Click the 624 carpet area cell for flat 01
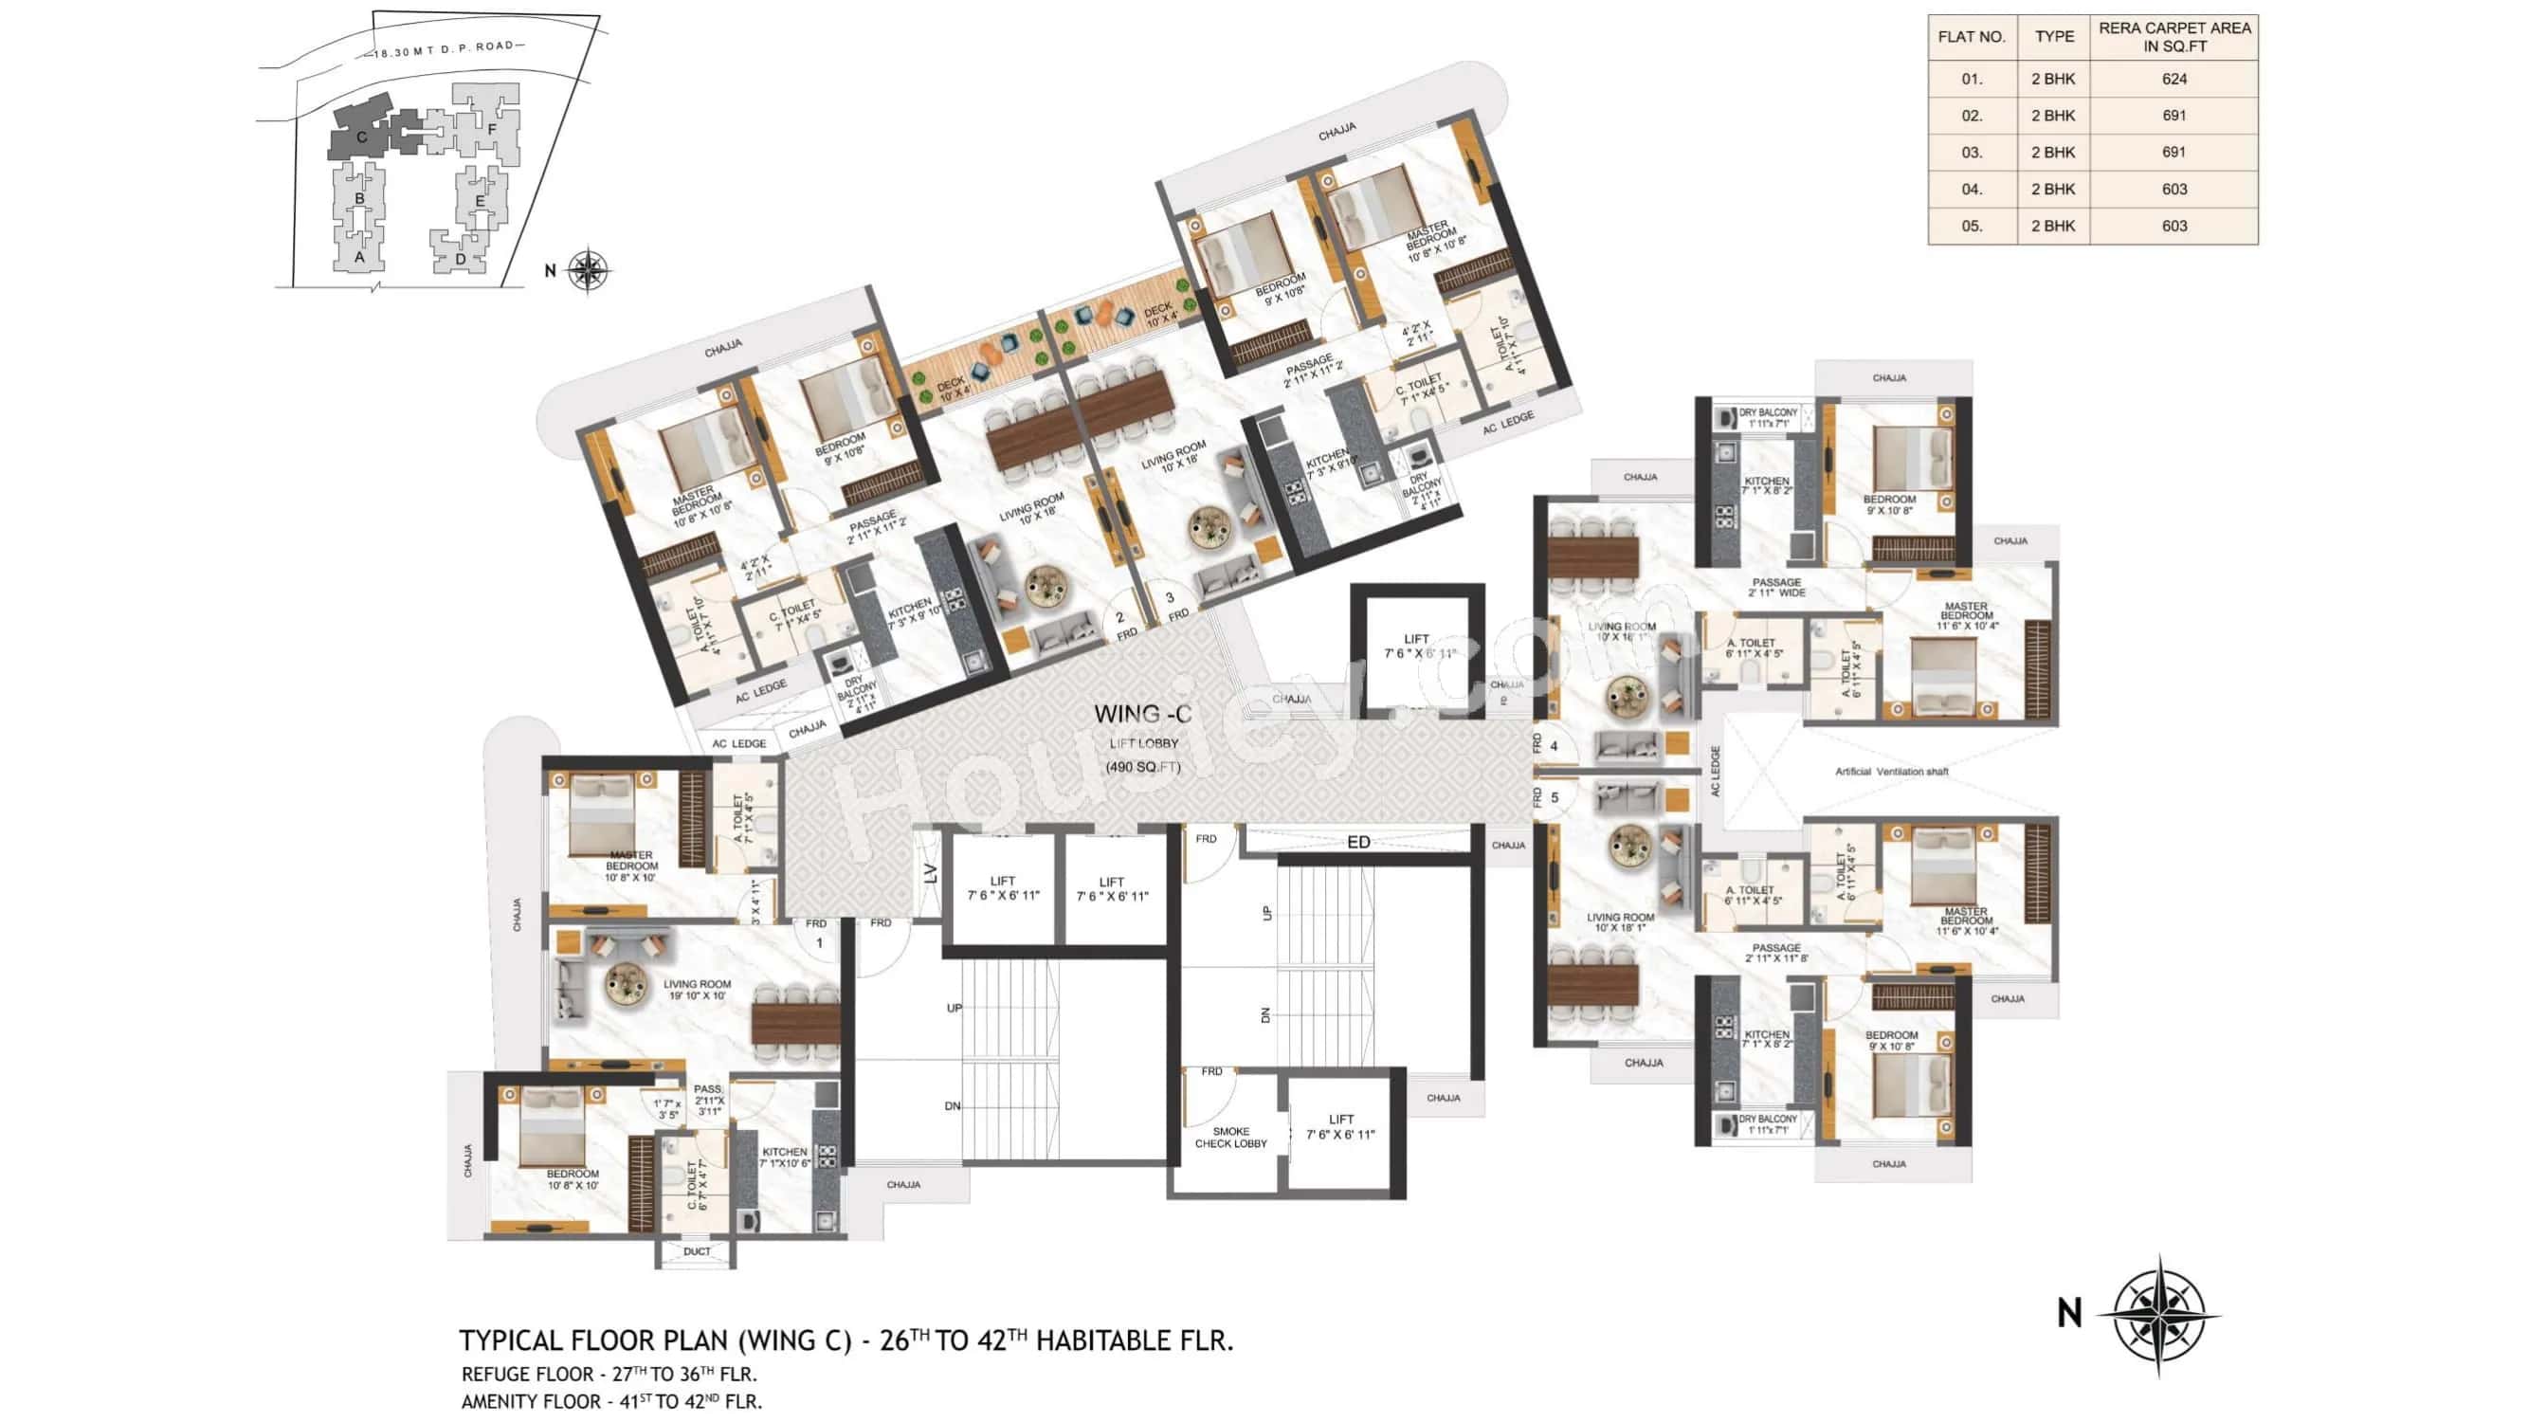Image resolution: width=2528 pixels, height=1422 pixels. tap(2173, 80)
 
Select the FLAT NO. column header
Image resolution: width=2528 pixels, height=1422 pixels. tap(1971, 37)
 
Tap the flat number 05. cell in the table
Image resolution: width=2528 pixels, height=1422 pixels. tap(1971, 226)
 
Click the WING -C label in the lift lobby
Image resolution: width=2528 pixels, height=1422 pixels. tap(1142, 715)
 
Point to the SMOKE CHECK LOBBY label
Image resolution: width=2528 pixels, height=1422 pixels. tap(1230, 1138)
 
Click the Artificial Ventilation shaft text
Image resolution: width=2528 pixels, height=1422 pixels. tap(1891, 773)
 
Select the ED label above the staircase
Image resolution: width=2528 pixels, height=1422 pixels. tap(1358, 842)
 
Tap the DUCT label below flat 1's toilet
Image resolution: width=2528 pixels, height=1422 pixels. tap(697, 1251)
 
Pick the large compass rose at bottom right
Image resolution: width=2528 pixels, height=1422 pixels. tap(2158, 1313)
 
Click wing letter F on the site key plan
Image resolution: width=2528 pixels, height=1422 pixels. tap(492, 129)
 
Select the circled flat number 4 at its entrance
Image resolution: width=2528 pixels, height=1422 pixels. tap(1554, 746)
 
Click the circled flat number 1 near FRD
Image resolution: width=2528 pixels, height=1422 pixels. tap(819, 943)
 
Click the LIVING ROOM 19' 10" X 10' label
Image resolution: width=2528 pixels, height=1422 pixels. tap(697, 989)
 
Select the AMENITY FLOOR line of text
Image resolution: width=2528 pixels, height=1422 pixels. tap(610, 1401)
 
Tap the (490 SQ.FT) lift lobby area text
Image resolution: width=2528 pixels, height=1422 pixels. tap(1142, 766)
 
